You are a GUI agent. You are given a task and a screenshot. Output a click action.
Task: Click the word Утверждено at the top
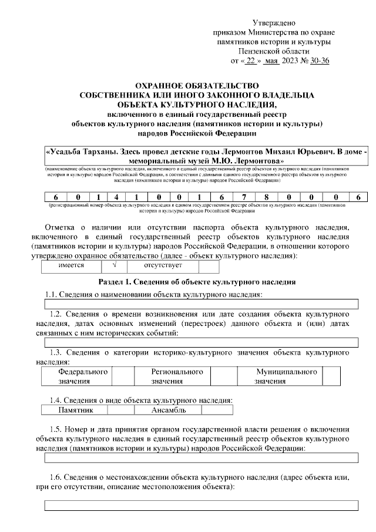[272, 22]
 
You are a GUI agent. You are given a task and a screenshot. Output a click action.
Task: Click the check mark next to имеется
[115, 266]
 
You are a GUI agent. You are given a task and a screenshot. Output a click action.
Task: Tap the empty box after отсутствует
[209, 266]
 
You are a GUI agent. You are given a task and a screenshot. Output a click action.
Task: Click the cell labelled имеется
[71, 266]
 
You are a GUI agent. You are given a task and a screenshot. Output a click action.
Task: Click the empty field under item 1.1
[202, 304]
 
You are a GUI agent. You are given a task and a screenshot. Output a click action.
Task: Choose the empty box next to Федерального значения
[123, 376]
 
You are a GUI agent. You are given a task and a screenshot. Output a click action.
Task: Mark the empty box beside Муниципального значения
[331, 376]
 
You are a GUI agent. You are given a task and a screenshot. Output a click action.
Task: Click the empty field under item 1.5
[202, 458]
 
